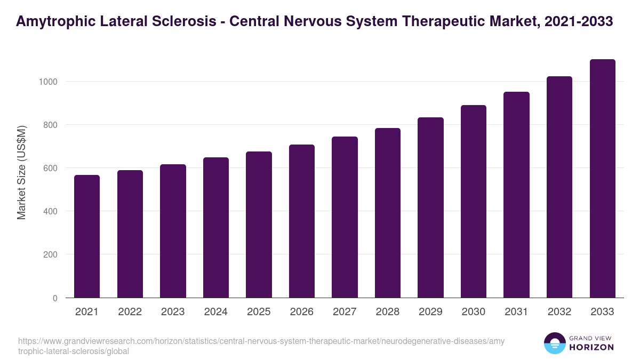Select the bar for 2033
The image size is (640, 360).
[x=602, y=179]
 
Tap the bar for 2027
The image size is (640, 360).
[x=345, y=217]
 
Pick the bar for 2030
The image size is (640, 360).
[x=474, y=202]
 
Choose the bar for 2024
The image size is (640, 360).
[x=216, y=228]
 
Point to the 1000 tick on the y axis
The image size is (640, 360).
[x=47, y=82]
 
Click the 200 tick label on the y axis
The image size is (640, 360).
[x=50, y=254]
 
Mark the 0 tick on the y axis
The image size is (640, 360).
[x=55, y=298]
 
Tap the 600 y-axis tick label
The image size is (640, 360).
[x=50, y=168]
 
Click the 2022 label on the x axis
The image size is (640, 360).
[x=130, y=312]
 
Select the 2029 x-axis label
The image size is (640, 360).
[x=430, y=312]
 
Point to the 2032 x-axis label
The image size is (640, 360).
[x=559, y=312]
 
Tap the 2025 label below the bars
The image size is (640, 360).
[x=259, y=312]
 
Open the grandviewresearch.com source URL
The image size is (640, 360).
[x=261, y=346]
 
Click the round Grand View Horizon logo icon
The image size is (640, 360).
[x=554, y=343]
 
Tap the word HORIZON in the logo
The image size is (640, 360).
[x=592, y=347]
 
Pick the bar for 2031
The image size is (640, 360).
[x=516, y=195]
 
